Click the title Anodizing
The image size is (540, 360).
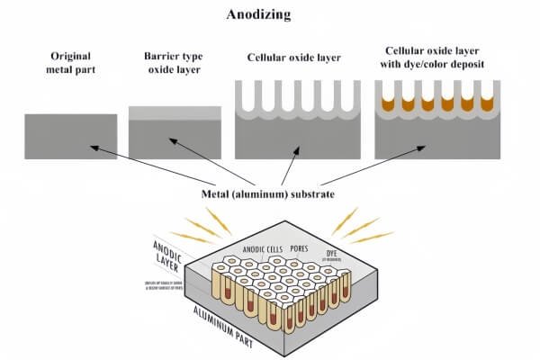tap(271, 15)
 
